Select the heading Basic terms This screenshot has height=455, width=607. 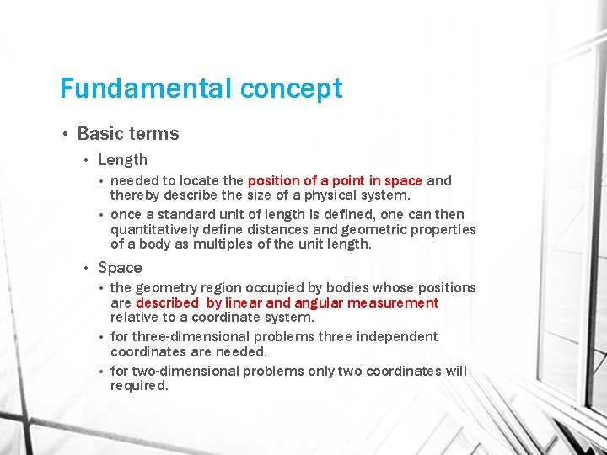pyautogui.click(x=128, y=133)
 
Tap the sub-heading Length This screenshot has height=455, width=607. pyautogui.click(x=122, y=159)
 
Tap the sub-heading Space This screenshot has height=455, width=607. pyautogui.click(x=120, y=267)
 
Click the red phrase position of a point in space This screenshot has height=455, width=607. pyautogui.click(x=335, y=180)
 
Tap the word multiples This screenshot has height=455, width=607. pyautogui.click(x=223, y=244)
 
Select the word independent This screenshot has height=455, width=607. pyautogui.click(x=398, y=336)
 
